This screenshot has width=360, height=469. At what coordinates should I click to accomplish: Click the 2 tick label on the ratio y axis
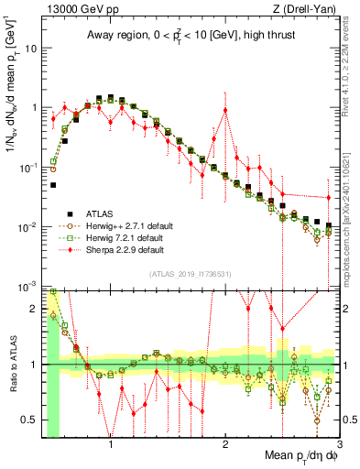pyautogui.click(x=36, y=309)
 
